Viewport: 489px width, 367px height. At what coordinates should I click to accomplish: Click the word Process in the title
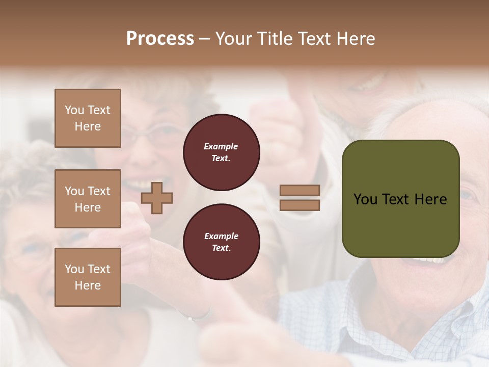[x=160, y=39]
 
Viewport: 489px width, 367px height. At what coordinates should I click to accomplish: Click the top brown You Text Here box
[x=88, y=118]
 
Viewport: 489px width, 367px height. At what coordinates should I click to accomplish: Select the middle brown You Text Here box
[x=88, y=199]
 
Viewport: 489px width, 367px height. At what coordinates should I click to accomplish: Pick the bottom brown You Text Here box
[x=88, y=277]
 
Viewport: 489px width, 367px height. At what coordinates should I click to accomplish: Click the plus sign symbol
[x=157, y=198]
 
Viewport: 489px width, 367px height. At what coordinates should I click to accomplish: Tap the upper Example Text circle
[x=222, y=152]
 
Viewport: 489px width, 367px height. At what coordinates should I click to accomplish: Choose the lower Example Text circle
[x=222, y=242]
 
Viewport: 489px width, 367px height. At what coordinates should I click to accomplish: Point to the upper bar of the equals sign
[x=300, y=191]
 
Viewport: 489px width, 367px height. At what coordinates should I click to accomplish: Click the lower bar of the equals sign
[x=300, y=205]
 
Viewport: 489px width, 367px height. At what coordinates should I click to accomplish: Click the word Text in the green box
[x=400, y=199]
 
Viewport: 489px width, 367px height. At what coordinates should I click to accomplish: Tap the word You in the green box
[x=365, y=199]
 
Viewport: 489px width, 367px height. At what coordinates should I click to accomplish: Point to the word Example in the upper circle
[x=221, y=147]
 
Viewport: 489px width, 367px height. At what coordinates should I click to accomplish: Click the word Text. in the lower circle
[x=222, y=248]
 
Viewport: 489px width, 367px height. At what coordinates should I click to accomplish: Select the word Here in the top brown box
[x=88, y=126]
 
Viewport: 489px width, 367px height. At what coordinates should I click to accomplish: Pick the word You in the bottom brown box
[x=74, y=269]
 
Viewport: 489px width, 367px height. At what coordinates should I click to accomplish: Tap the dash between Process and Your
[x=204, y=39]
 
